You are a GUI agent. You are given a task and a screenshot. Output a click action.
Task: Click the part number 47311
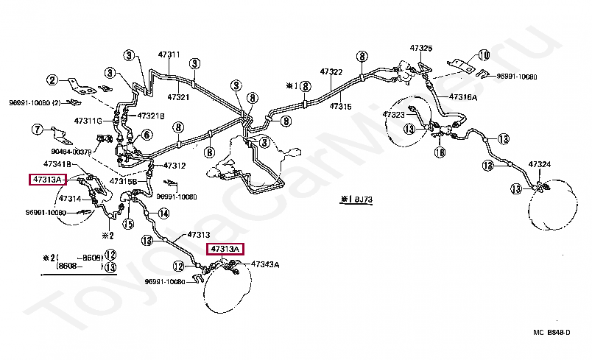[x=169, y=54]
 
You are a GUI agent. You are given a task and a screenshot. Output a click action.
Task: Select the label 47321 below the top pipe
[x=178, y=96]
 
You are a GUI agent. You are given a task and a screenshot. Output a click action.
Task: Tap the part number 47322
[x=331, y=71]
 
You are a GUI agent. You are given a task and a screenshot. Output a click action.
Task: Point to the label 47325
[x=421, y=48]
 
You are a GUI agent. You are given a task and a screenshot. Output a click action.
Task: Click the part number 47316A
[x=464, y=97]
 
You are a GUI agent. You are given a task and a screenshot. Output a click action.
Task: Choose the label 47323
[x=393, y=115]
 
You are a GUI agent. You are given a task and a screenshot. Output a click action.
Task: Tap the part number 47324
[x=540, y=163]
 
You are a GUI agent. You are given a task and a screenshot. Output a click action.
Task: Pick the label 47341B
[x=57, y=163]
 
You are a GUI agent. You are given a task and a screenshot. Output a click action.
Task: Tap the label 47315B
[x=123, y=180]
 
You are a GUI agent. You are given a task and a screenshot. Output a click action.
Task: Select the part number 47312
[x=174, y=165]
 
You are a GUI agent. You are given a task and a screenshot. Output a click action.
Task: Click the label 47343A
[x=265, y=264]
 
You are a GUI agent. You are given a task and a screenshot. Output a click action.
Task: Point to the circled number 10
[x=483, y=54]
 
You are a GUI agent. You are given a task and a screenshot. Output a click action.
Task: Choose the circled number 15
[x=129, y=224]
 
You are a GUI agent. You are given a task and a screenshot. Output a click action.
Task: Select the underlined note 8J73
[x=358, y=199]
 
